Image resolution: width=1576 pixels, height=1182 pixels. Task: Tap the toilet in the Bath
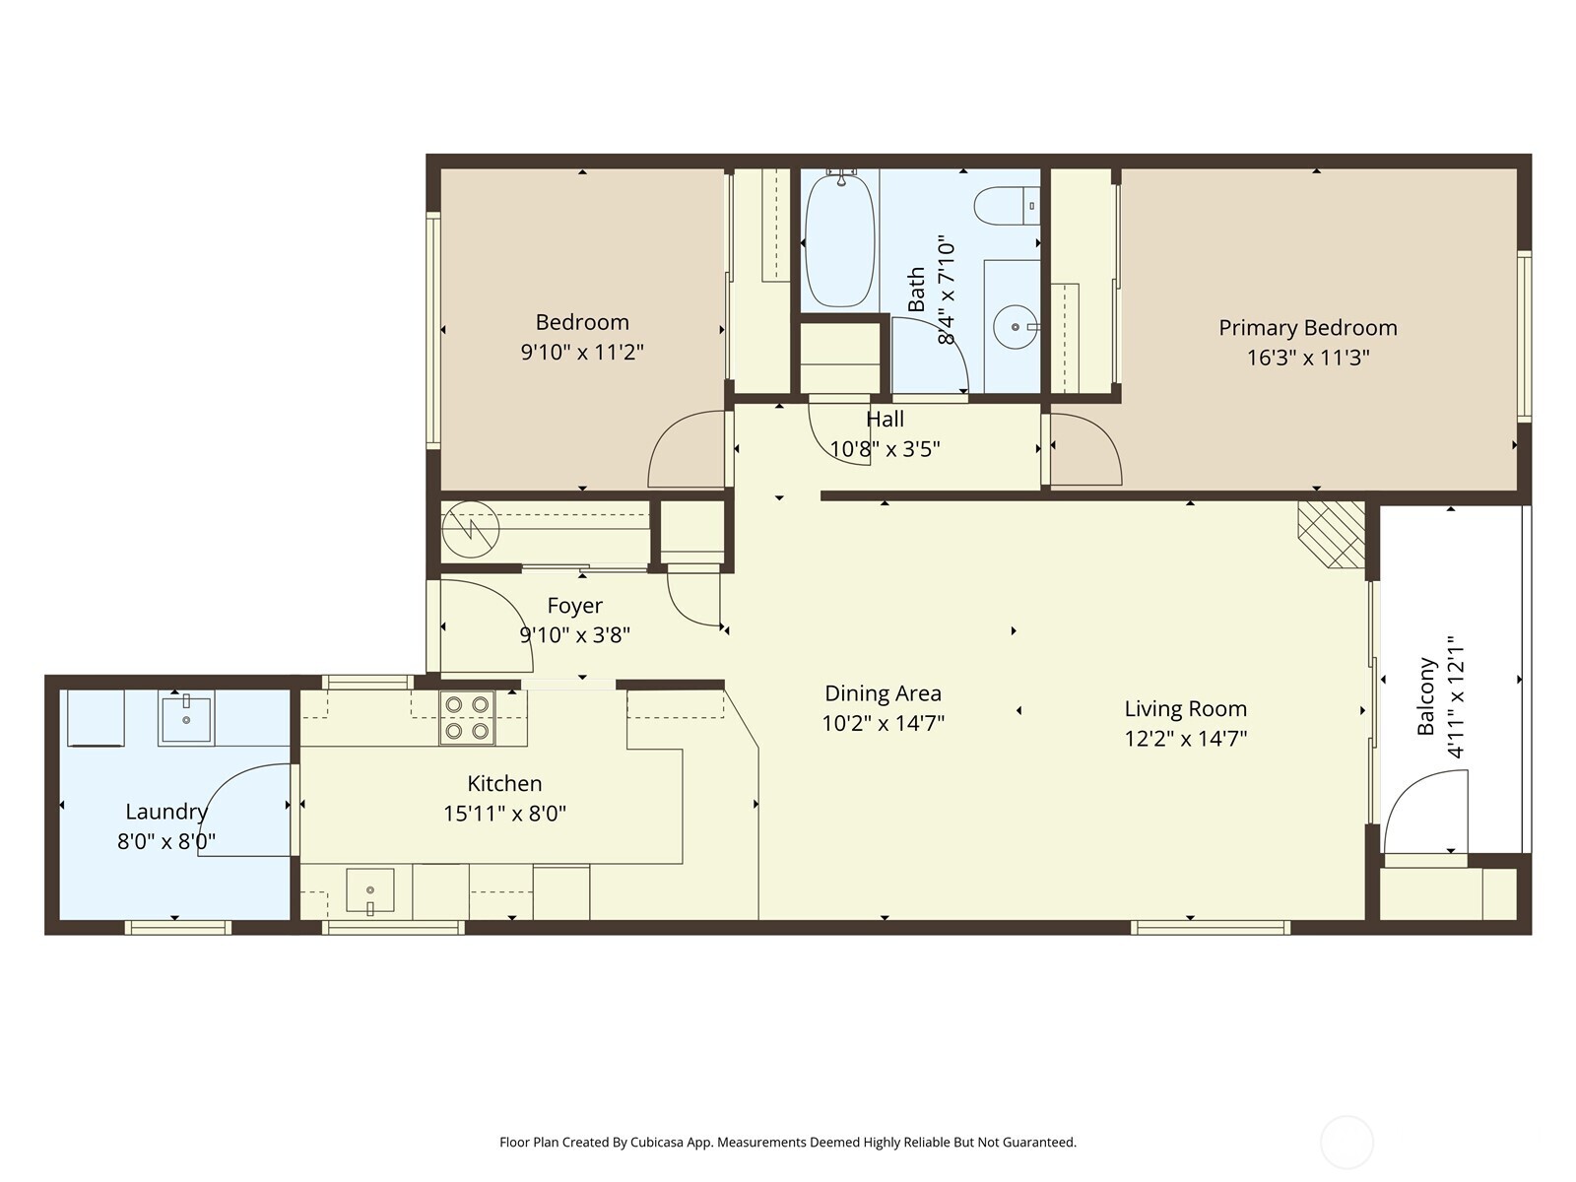[1005, 206]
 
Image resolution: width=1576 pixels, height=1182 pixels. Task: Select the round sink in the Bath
[1014, 327]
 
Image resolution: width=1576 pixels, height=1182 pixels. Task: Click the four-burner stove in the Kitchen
[467, 718]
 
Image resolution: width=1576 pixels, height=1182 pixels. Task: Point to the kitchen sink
[370, 890]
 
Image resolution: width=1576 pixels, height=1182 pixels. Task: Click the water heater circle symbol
[471, 530]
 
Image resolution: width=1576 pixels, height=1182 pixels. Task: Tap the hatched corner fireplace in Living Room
[1332, 534]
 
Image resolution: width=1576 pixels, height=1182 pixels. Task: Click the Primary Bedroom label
[1307, 328]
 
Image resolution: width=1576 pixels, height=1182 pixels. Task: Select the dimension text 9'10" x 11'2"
[582, 352]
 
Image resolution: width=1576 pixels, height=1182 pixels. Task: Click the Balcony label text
[1425, 696]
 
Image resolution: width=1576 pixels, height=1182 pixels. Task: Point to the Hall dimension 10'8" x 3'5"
[885, 449]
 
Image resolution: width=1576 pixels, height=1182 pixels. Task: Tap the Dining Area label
[883, 693]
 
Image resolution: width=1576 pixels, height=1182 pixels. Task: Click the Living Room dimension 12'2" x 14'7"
[1185, 739]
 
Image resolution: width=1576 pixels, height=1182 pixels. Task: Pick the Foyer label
[574, 606]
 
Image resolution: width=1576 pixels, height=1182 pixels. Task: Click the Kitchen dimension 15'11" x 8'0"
[504, 814]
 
